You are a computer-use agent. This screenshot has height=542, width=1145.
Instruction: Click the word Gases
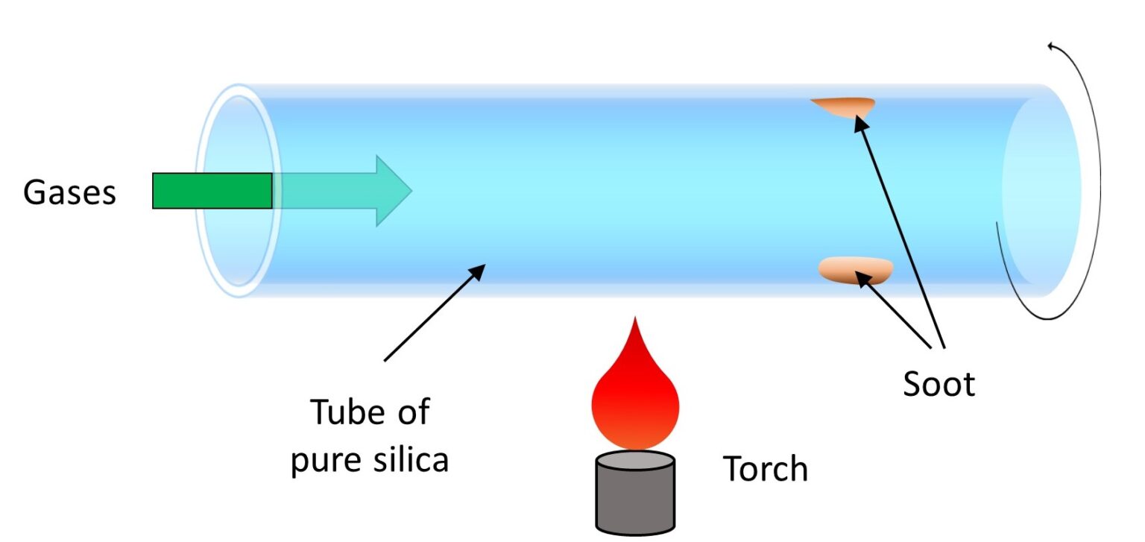pos(69,192)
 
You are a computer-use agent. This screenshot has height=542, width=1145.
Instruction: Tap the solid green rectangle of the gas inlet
pos(212,191)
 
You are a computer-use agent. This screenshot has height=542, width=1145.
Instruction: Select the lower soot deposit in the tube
pos(857,269)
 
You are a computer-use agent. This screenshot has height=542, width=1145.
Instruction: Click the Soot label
pos(939,384)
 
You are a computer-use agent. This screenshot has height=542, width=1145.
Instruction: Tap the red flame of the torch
pos(635,395)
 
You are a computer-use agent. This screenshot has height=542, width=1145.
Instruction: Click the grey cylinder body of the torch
pos(635,500)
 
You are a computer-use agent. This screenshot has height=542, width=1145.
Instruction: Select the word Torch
pos(766,469)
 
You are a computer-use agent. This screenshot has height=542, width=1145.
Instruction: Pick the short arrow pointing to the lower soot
pos(895,312)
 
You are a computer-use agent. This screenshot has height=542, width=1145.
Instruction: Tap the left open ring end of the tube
pos(238,191)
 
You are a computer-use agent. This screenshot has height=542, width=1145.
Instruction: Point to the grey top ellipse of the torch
pos(635,459)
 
